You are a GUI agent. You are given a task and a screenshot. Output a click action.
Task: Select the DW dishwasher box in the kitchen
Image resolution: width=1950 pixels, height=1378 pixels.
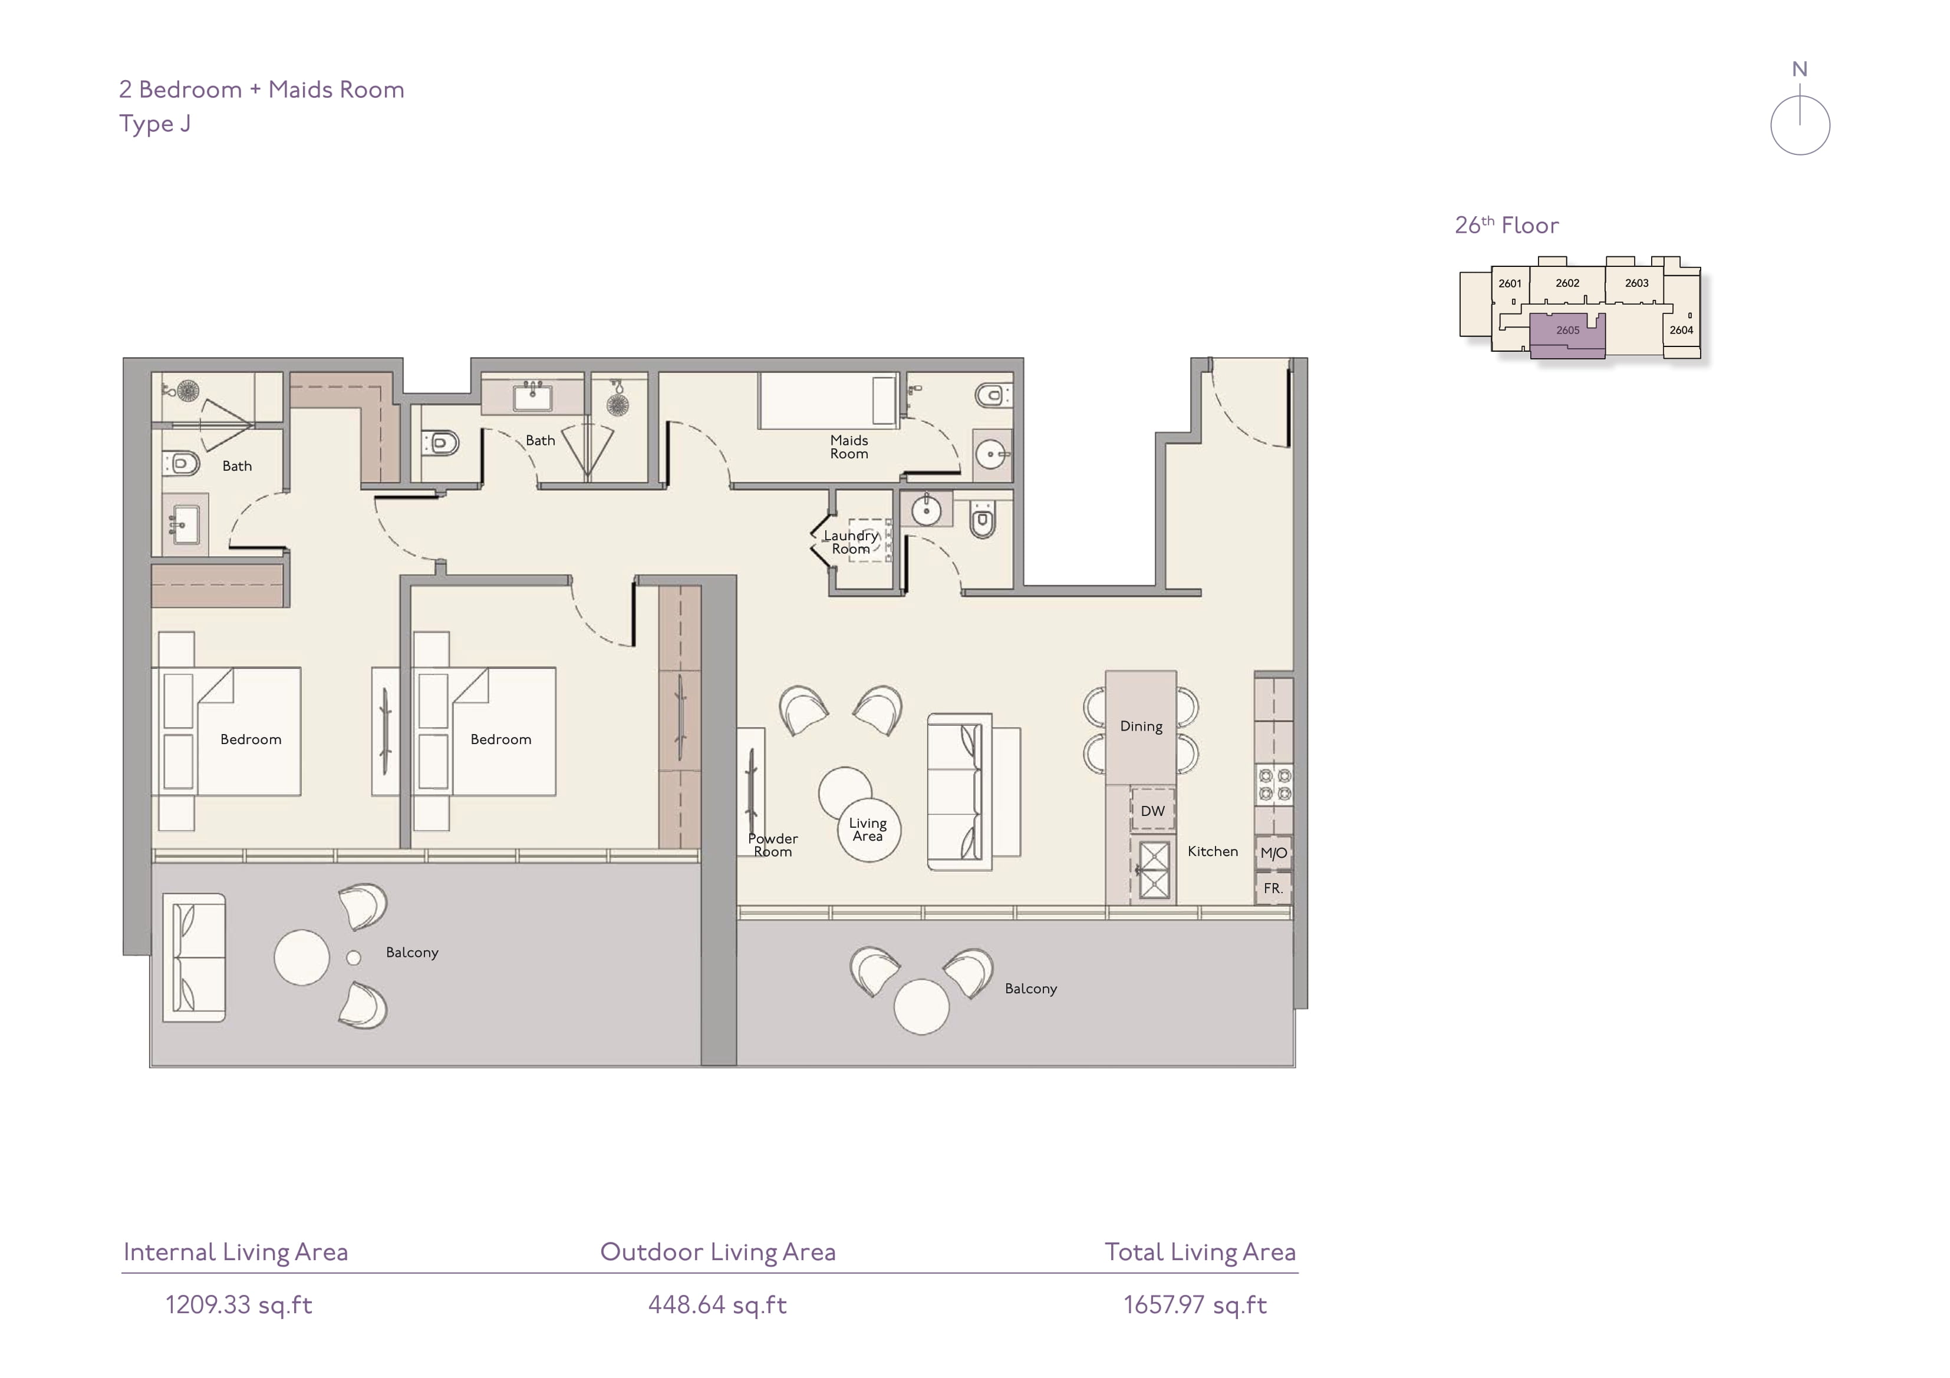point(1152,811)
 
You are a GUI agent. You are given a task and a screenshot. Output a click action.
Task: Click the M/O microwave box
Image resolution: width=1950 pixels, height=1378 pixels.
point(1273,853)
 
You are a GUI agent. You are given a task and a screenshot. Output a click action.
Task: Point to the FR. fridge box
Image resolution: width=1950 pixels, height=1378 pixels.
point(1273,888)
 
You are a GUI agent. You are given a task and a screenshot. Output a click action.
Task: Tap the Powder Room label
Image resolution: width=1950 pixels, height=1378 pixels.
point(772,845)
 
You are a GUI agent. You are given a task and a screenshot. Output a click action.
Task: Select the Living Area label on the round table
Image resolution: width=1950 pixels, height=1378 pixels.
point(867,830)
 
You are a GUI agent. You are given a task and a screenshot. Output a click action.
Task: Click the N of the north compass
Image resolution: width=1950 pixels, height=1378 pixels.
point(1799,70)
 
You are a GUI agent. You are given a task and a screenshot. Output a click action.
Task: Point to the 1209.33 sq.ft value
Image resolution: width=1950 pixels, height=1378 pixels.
point(239,1305)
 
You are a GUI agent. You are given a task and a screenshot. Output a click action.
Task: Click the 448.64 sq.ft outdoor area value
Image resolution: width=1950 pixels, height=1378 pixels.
point(717,1305)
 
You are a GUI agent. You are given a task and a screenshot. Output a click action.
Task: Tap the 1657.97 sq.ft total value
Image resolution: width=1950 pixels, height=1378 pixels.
point(1195,1305)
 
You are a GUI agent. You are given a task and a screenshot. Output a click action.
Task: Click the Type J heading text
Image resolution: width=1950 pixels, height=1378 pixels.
point(154,124)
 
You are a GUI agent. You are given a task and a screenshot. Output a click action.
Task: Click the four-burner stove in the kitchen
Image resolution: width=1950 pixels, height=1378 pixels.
point(1274,785)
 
